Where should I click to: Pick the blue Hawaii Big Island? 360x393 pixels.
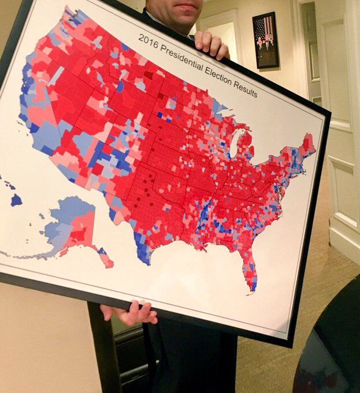pos(16,200)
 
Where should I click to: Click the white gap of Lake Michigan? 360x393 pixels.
pos(235,144)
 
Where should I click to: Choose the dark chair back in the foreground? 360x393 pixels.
pos(329,347)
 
